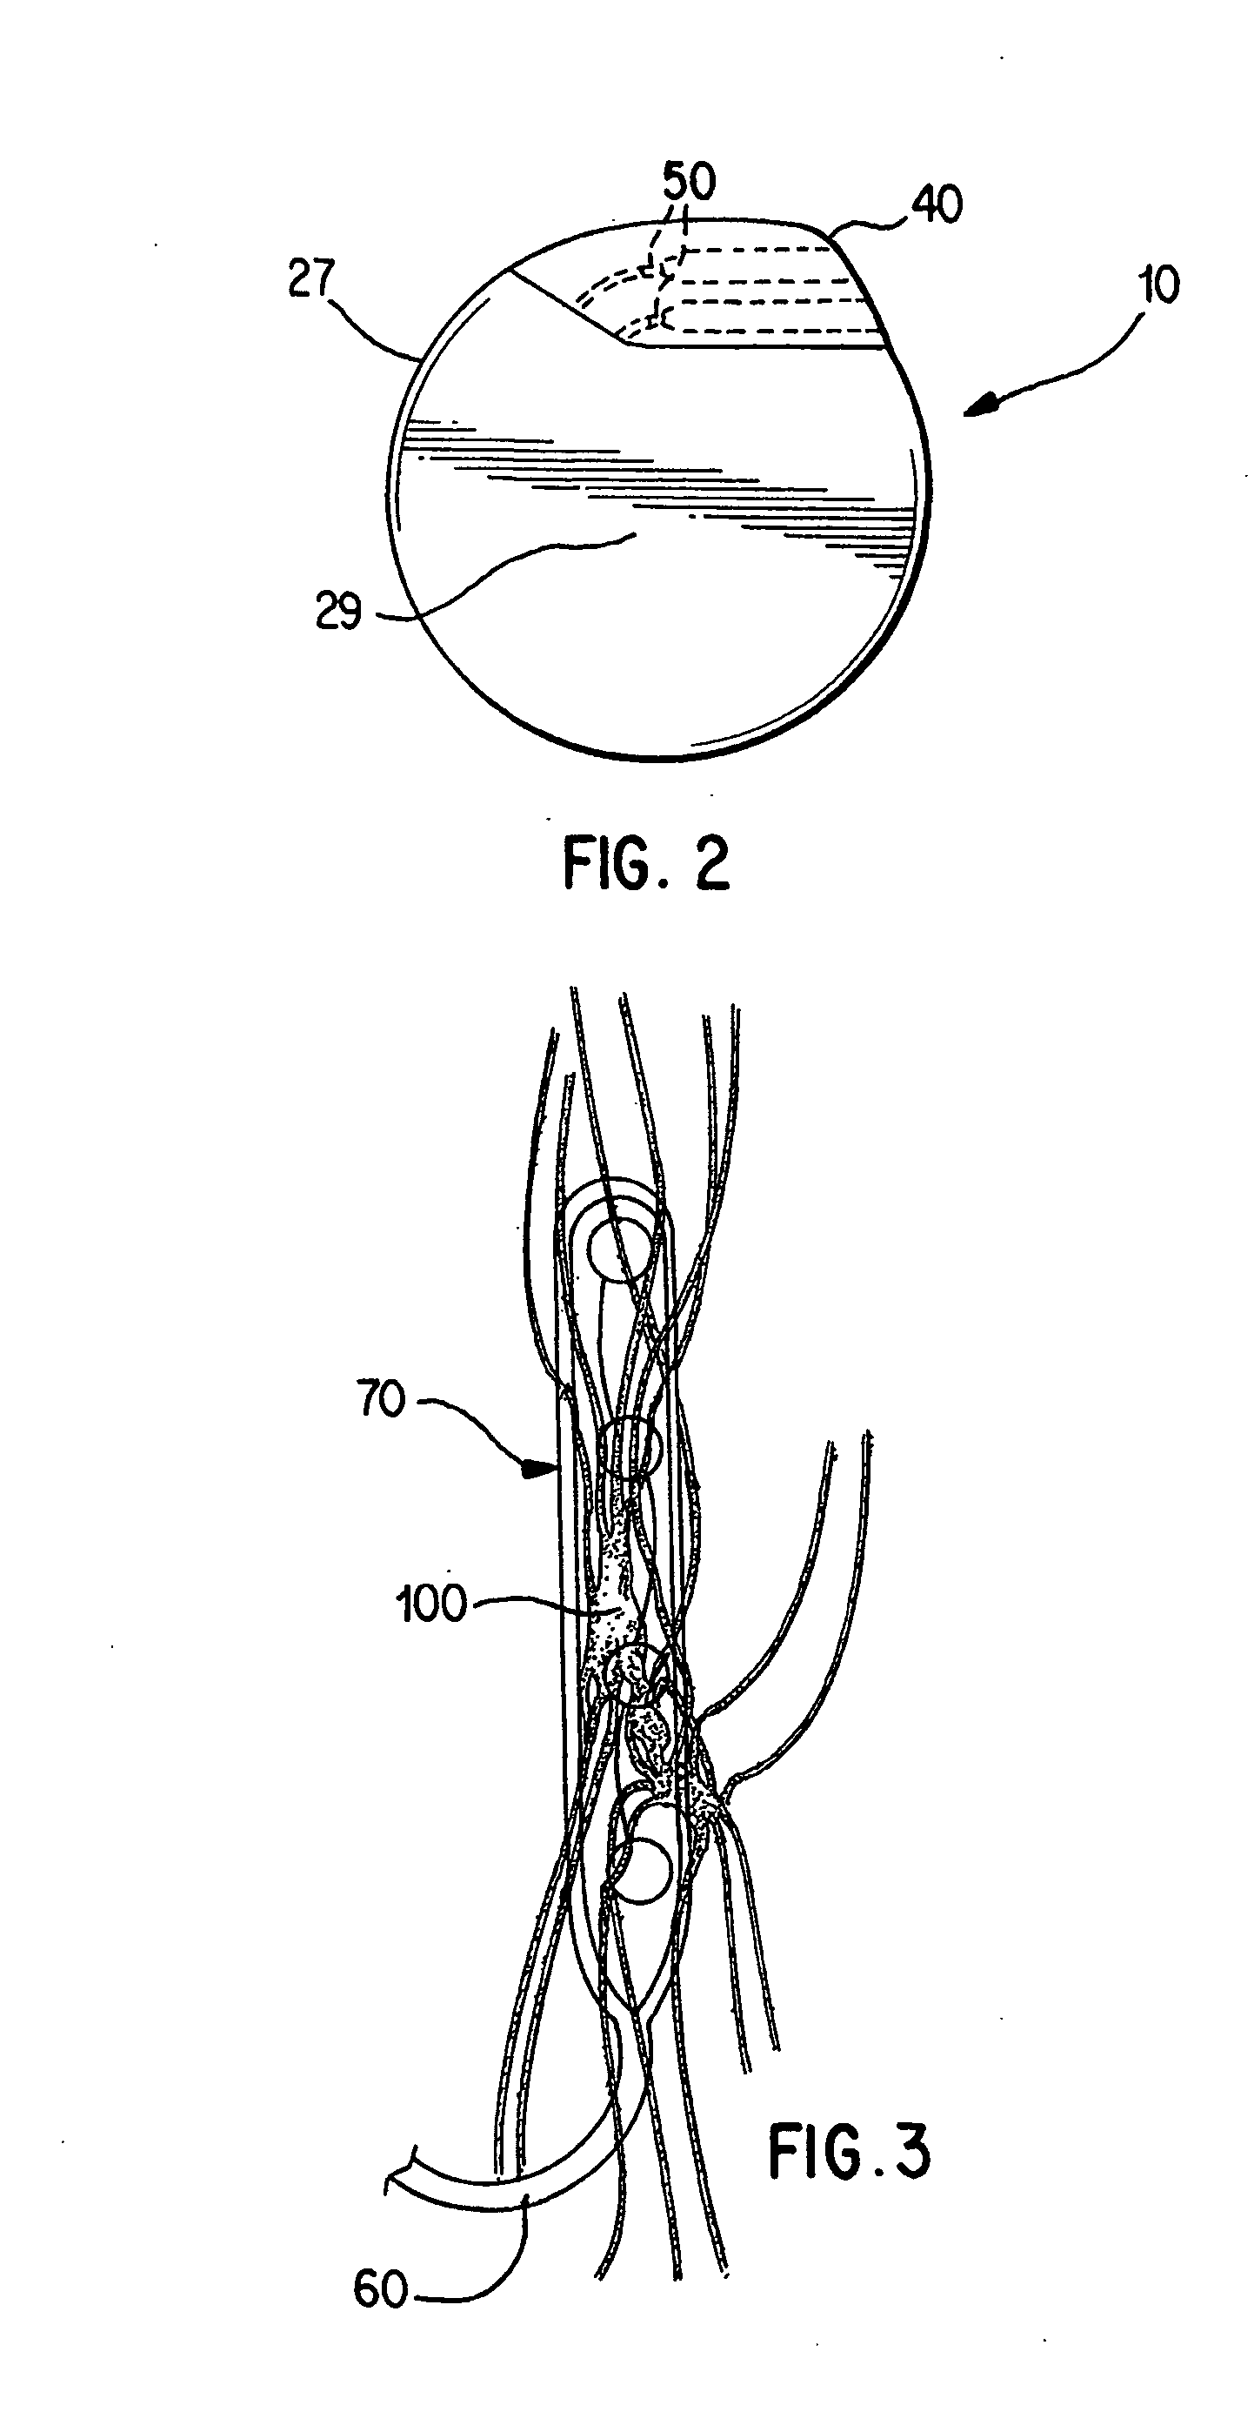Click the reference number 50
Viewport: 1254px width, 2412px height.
(x=689, y=182)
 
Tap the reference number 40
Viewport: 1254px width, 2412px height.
(x=937, y=204)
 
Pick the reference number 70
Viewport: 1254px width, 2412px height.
(x=380, y=1400)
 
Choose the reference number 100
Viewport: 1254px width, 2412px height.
(x=431, y=1604)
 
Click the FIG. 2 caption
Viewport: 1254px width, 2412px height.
(x=646, y=863)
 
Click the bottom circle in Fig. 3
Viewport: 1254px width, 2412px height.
(x=640, y=1872)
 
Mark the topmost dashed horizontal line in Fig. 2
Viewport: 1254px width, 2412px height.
(x=758, y=249)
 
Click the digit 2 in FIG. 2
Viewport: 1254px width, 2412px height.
(x=711, y=863)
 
